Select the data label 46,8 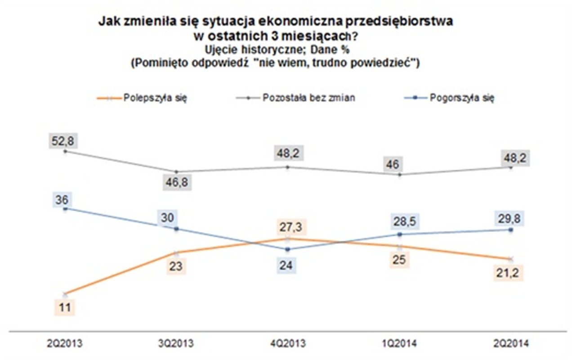(x=176, y=184)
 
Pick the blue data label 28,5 (x=399, y=223)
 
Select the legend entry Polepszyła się (x=155, y=99)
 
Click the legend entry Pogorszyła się (x=462, y=98)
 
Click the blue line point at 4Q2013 (x=288, y=249)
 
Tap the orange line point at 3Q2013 (x=176, y=252)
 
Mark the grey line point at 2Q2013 (x=65, y=151)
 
